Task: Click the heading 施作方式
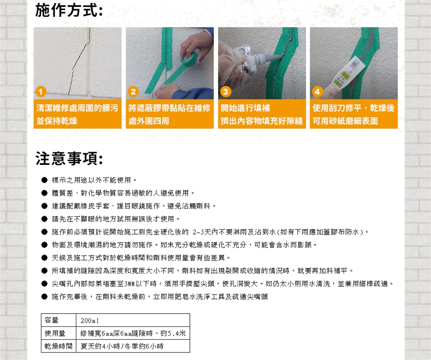click(x=69, y=11)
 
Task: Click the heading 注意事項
click(x=69, y=159)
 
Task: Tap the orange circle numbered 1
click(x=41, y=91)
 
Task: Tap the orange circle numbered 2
click(x=133, y=91)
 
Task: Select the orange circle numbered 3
click(x=225, y=91)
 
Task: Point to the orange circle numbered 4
click(x=317, y=91)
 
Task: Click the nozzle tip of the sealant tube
click(x=281, y=55)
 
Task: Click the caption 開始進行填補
click(x=245, y=108)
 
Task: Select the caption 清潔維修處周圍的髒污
click(x=77, y=108)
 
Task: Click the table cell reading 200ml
click(x=90, y=320)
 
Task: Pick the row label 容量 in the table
click(x=51, y=320)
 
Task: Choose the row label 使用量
click(x=55, y=333)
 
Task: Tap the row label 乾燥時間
click(x=58, y=346)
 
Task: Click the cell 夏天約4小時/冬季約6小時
click(x=122, y=346)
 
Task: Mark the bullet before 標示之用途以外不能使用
click(x=44, y=180)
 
